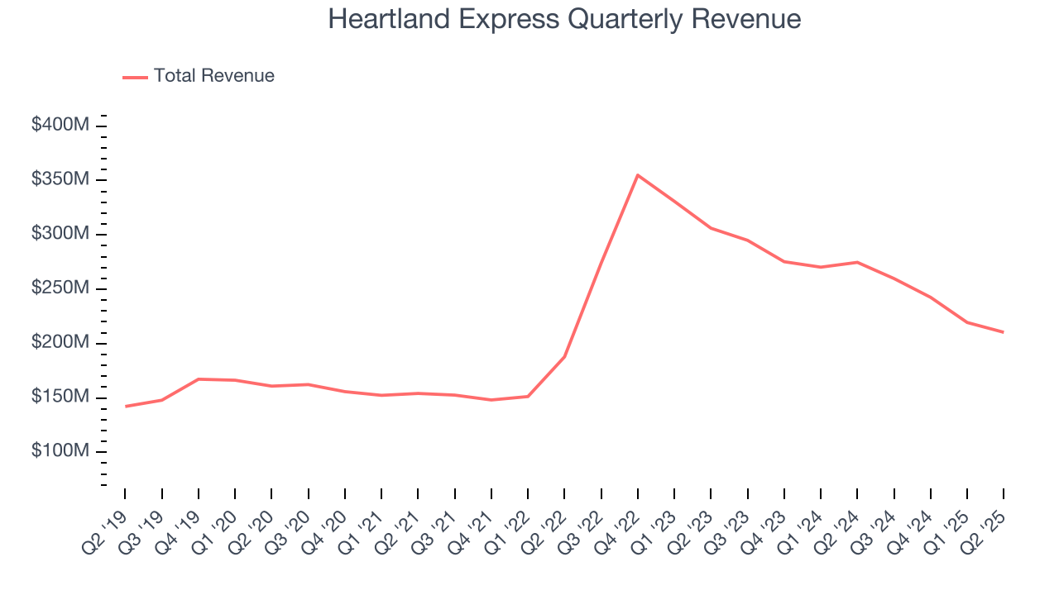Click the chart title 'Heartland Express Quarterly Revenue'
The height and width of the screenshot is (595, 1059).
click(x=564, y=19)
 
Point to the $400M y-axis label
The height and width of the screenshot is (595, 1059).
click(x=60, y=126)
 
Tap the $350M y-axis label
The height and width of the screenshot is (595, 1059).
click(x=60, y=180)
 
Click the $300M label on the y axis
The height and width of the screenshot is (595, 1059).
click(x=60, y=235)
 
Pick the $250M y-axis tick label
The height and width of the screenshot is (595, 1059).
click(x=60, y=288)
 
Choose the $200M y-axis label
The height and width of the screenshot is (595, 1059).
click(x=60, y=343)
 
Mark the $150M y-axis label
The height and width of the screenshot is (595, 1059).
click(x=60, y=397)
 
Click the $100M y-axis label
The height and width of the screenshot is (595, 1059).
click(x=60, y=452)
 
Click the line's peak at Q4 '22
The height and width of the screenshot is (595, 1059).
click(x=638, y=175)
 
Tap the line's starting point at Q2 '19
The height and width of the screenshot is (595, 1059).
click(x=126, y=407)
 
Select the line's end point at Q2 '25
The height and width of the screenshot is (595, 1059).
click(x=1004, y=332)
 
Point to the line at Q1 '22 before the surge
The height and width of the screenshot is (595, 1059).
click(x=528, y=397)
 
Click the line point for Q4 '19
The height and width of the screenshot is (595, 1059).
click(x=199, y=379)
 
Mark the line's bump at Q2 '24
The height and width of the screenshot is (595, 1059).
click(x=857, y=262)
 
